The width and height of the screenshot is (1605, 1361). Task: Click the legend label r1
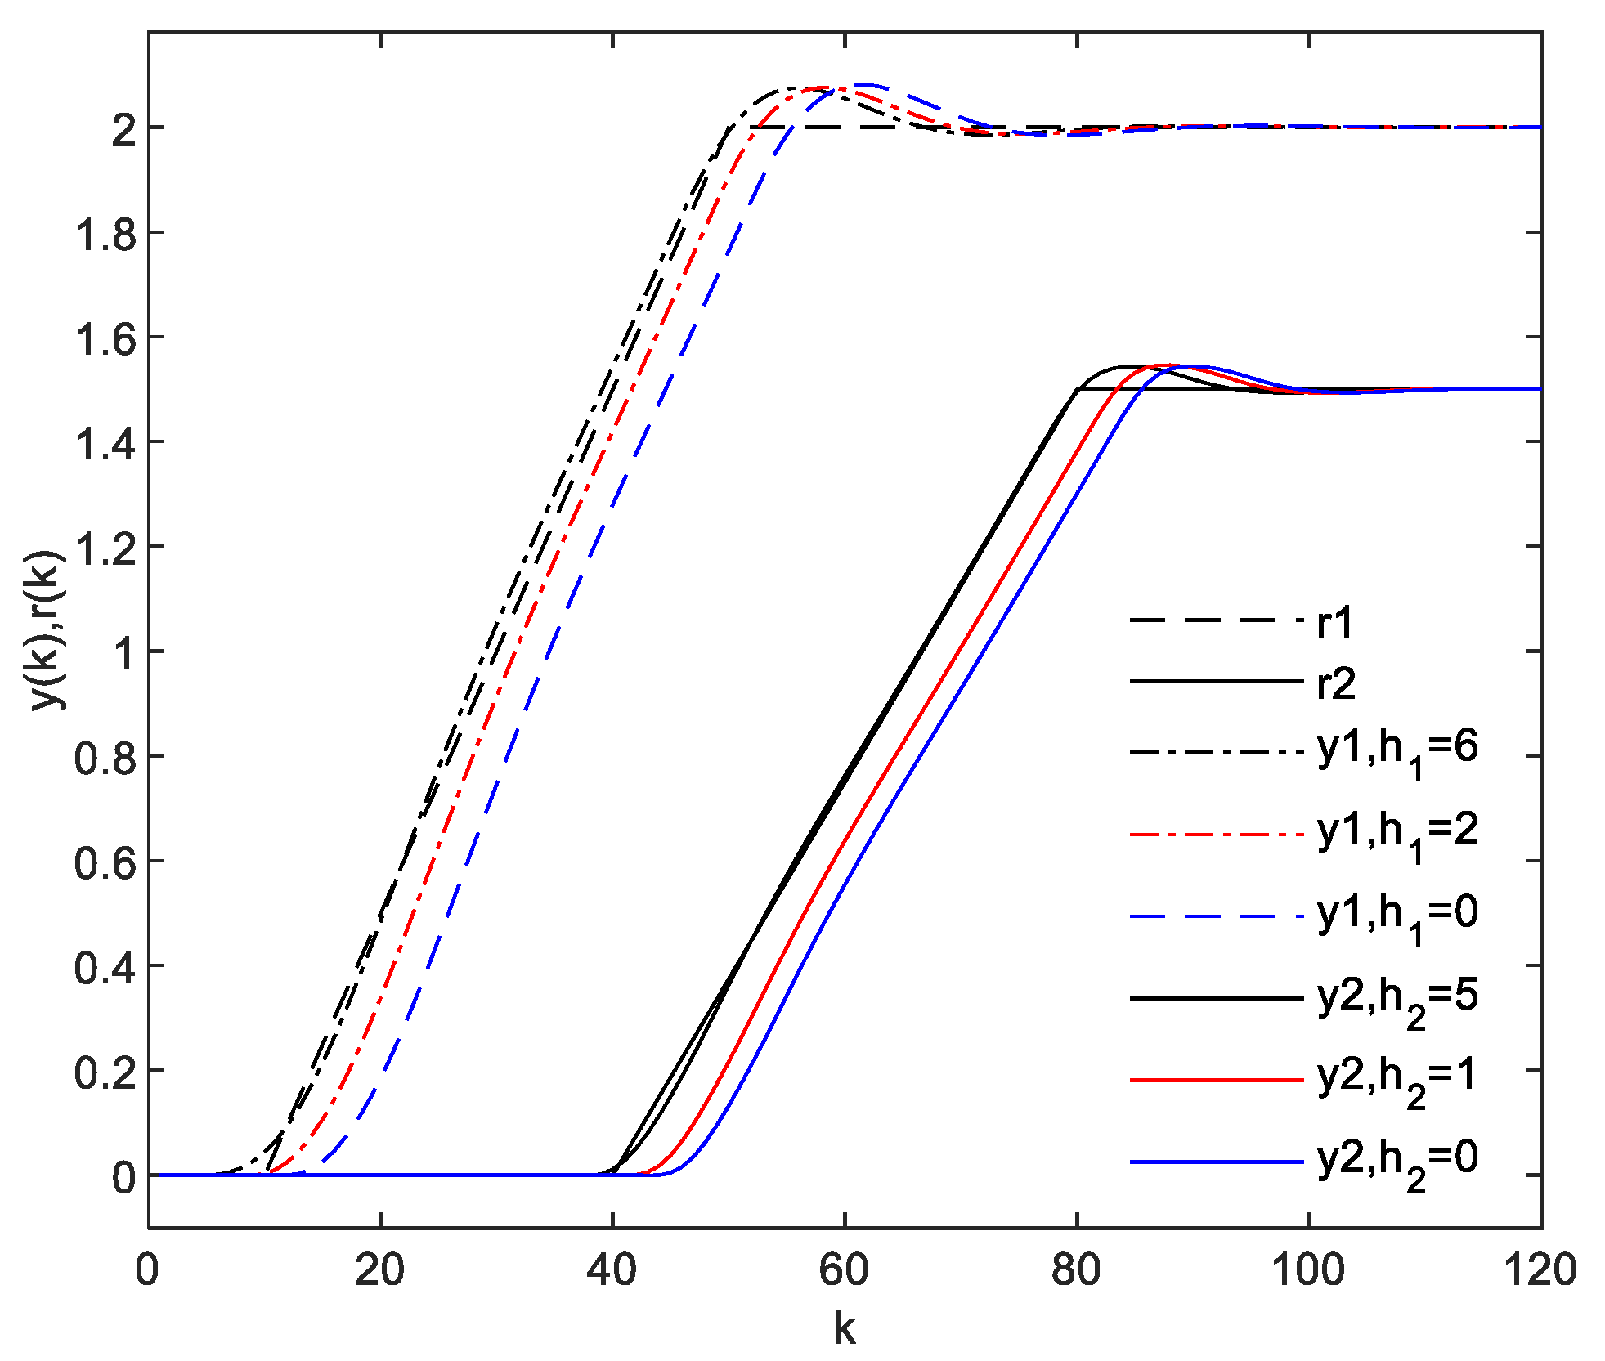[x=1335, y=623]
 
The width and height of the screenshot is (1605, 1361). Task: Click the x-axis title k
[x=845, y=1328]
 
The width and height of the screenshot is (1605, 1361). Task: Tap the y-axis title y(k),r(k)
[x=46, y=629]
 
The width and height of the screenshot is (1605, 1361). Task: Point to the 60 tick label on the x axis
[x=845, y=1270]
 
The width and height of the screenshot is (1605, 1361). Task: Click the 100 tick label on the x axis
[x=1308, y=1270]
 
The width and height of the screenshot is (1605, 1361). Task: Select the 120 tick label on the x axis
[x=1540, y=1270]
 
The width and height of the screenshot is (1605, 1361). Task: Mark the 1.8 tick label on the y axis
[x=105, y=234]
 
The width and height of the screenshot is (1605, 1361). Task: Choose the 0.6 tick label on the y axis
[x=105, y=862]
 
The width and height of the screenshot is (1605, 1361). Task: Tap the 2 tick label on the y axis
[x=124, y=129]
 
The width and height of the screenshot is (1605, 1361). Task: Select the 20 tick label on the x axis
[x=380, y=1270]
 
